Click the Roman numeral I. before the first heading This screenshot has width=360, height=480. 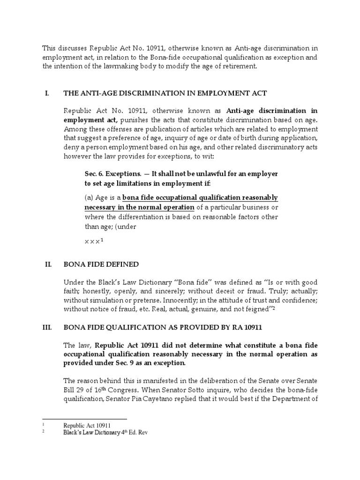(46, 94)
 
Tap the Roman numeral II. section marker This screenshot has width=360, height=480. (47, 264)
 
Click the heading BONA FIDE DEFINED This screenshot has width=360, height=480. (101, 264)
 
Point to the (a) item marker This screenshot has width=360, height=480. (89, 197)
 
